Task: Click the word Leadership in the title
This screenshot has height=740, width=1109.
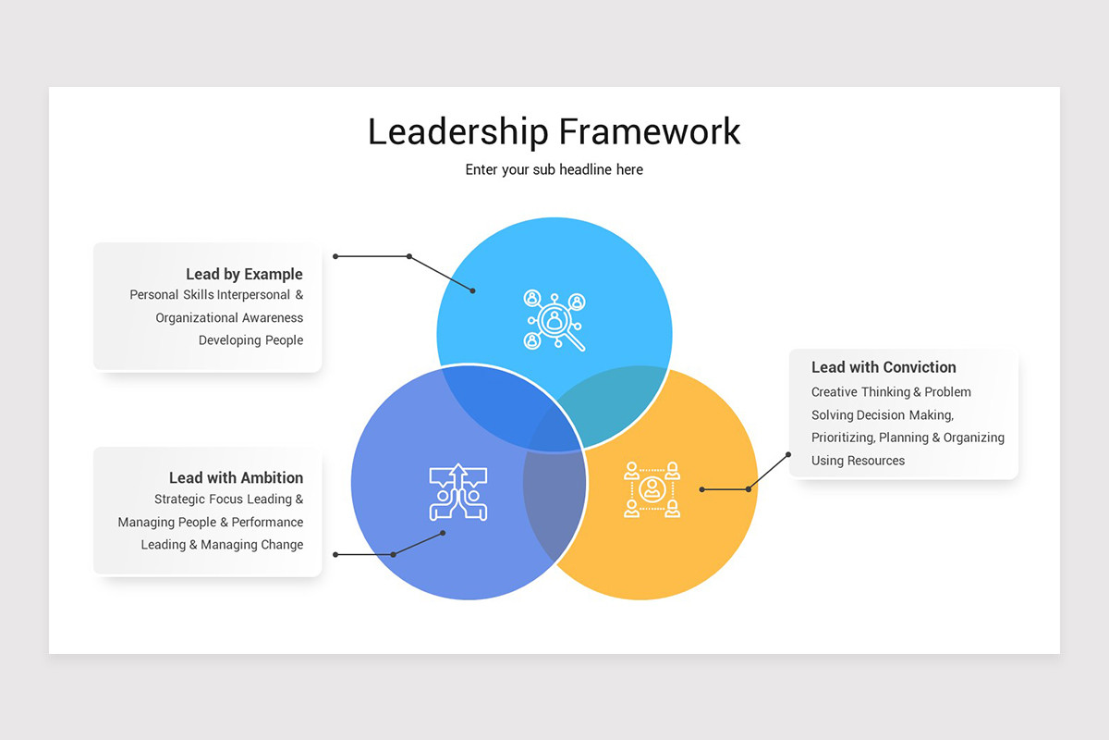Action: coord(457,131)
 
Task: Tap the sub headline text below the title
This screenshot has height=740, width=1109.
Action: coord(554,170)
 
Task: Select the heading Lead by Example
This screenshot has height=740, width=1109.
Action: coord(244,274)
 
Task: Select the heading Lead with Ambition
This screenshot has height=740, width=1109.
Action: coord(236,477)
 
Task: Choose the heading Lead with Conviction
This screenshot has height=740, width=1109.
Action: coord(884,367)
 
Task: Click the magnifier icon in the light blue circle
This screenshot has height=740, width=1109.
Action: coord(554,320)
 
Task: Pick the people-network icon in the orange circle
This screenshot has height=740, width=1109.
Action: coord(652,489)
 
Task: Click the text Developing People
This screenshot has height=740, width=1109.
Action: coord(250,340)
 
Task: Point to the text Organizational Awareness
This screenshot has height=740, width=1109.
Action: coord(229,317)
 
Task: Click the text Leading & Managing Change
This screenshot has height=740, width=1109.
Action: coord(222,545)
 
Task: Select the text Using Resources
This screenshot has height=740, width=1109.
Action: coord(858,461)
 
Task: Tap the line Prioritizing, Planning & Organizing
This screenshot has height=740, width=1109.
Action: coord(908,438)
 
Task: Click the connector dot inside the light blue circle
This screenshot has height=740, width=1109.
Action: coord(473,290)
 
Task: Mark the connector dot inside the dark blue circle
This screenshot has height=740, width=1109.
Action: coord(444,533)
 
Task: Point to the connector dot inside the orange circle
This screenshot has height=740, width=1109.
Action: coord(701,489)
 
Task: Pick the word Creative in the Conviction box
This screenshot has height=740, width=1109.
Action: coord(835,392)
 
